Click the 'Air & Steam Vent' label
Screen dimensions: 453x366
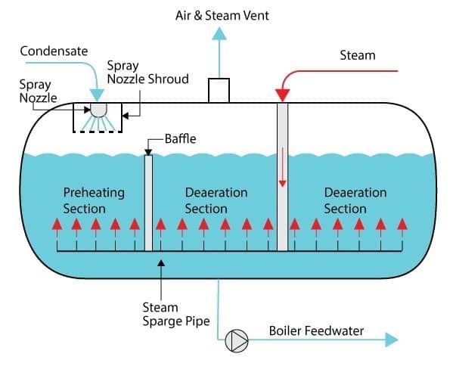[x=222, y=15]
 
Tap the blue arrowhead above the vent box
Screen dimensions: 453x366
[x=219, y=33]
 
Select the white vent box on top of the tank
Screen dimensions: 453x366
[x=219, y=90]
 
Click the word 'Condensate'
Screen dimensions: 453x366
[x=54, y=51]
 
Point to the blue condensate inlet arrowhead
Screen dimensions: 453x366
[x=97, y=95]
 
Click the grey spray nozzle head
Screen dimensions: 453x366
[x=98, y=110]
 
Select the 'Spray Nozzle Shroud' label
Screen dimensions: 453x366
[x=148, y=73]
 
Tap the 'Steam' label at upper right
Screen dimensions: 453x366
[x=358, y=55]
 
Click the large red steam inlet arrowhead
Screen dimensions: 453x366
[x=282, y=95]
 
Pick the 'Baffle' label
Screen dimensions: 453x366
[x=180, y=139]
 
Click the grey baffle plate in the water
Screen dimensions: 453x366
[x=148, y=203]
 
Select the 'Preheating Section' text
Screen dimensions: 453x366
[x=94, y=200]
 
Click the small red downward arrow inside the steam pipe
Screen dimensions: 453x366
[x=282, y=167]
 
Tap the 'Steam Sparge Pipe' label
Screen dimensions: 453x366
[x=176, y=315]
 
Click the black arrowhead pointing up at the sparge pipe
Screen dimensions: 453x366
[x=161, y=263]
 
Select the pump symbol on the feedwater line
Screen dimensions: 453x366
[x=237, y=341]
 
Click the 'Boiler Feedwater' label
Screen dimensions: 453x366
[x=316, y=330]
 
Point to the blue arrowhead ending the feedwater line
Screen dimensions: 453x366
[x=392, y=340]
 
